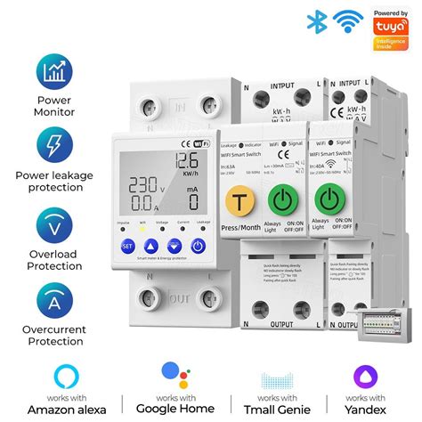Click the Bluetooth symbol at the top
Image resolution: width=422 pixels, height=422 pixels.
click(313, 22)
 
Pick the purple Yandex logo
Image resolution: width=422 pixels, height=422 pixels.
click(365, 373)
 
